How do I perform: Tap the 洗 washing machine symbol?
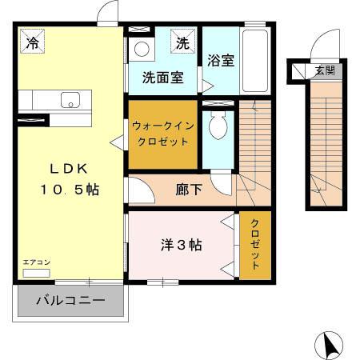click(182, 43)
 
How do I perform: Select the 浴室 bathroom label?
click(220, 61)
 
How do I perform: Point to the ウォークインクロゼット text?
click(162, 134)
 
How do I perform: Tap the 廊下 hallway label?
click(188, 191)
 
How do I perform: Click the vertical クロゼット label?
click(255, 243)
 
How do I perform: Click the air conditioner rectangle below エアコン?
click(36, 273)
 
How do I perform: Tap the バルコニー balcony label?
click(70, 302)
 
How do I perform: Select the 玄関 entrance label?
click(324, 71)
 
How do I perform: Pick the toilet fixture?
click(217, 124)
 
